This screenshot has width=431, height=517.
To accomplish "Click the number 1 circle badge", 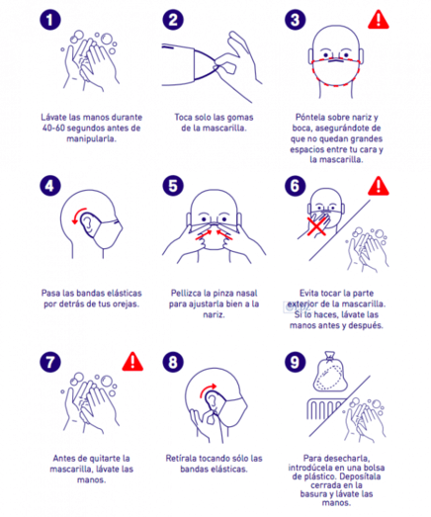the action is coord(50,20).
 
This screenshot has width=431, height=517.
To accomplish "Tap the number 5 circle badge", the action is coord(173,186).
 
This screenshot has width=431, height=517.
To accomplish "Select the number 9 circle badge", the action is coord(296,362).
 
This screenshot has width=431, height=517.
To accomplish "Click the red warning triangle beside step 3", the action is coord(379,20).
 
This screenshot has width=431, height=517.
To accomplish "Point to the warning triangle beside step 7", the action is coord(132,362).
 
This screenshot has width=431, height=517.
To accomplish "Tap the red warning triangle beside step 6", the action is coord(379,186).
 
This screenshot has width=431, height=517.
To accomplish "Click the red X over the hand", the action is coord(316,225).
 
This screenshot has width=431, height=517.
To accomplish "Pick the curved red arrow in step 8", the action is coord(207,389).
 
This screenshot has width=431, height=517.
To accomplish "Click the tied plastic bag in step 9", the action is coord(330,372).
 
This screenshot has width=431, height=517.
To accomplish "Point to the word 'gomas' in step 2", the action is coord(240,118).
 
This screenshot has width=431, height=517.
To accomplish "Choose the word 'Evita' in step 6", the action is coord(309,294).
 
